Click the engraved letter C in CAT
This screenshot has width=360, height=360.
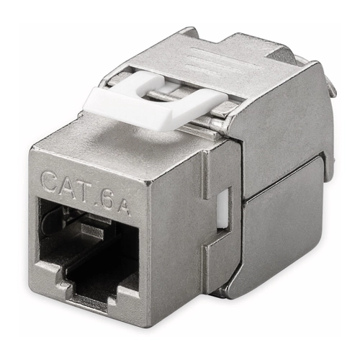coord(50,182)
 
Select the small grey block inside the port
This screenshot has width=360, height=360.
coord(92,232)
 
